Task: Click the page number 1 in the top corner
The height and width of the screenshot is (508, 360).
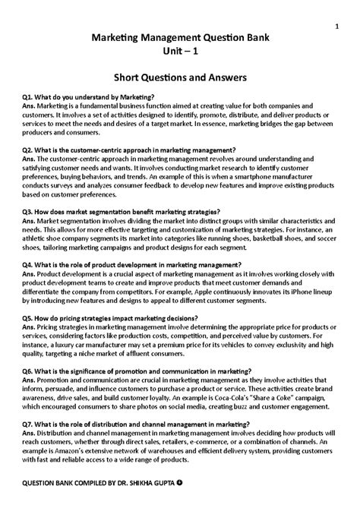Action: (335, 27)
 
